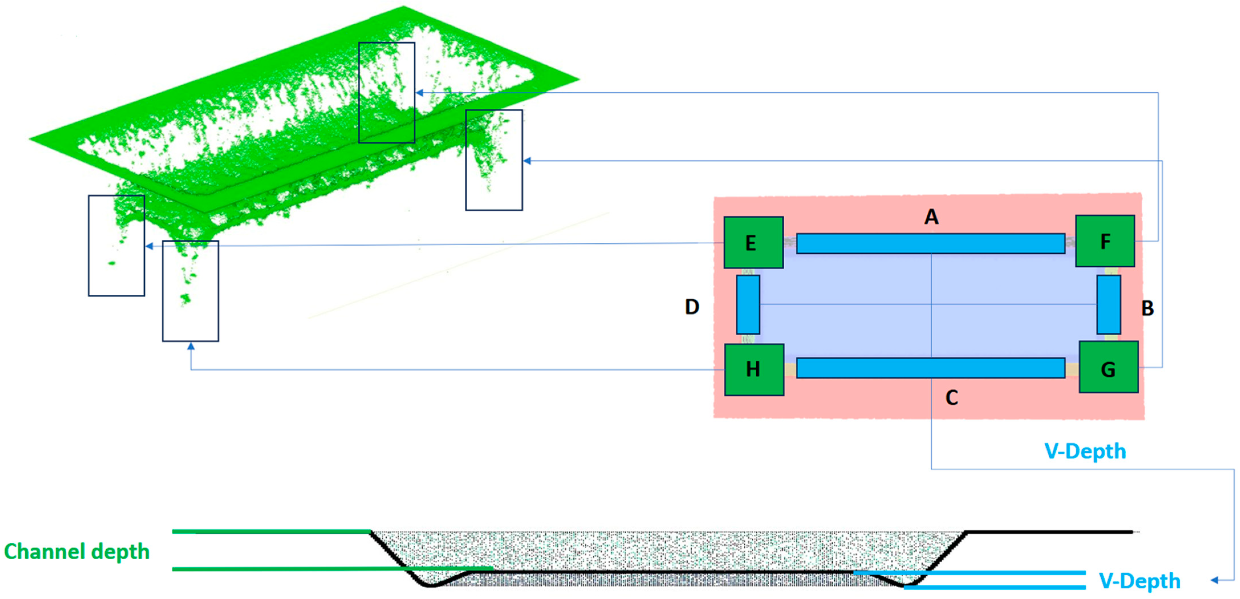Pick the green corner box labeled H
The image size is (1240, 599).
pos(754,369)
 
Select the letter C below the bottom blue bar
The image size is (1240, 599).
pos(952,398)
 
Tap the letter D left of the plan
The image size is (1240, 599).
pos(692,307)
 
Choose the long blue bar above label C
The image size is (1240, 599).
pos(930,368)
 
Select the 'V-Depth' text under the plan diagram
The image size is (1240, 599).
pos(1085,451)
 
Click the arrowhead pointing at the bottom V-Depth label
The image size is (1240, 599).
pos(1214,580)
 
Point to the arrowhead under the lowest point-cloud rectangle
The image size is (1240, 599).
pos(191,346)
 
